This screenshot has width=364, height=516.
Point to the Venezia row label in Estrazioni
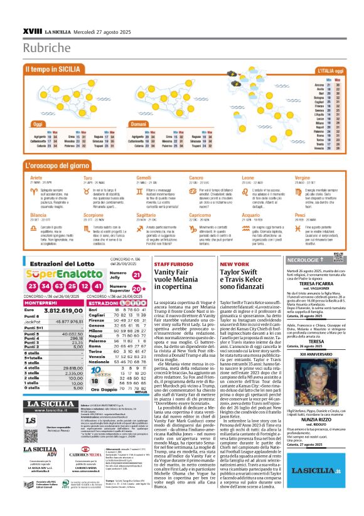(97, 373)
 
